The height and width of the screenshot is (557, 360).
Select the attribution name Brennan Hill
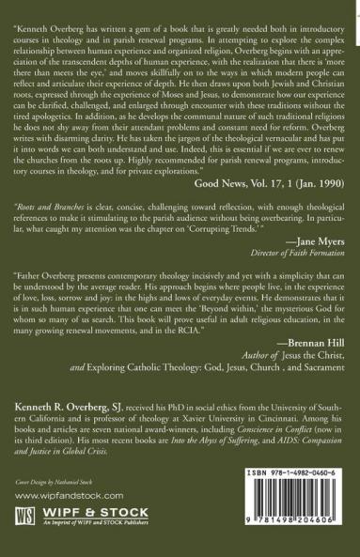(x=303, y=426)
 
